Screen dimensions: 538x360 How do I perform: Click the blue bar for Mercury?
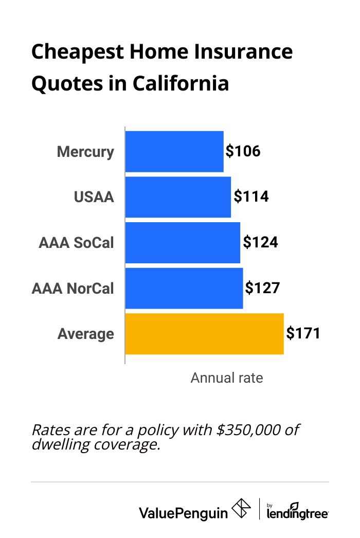click(x=174, y=151)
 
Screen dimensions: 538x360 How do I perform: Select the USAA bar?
click(x=178, y=197)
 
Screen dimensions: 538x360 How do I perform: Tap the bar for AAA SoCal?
click(x=183, y=242)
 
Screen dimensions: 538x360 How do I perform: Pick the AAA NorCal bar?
click(x=184, y=288)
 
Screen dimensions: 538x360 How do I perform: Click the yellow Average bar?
click(x=204, y=333)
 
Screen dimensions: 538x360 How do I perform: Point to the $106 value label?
click(x=243, y=151)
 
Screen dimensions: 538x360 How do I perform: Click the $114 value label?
click(x=251, y=196)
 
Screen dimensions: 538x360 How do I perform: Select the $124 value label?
click(x=260, y=242)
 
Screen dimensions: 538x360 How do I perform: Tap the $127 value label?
click(x=262, y=288)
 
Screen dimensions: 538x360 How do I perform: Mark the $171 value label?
click(x=303, y=333)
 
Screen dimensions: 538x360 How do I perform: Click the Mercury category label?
click(x=85, y=152)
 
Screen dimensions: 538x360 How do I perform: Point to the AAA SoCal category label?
click(x=76, y=243)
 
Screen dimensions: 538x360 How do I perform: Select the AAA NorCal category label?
click(x=73, y=288)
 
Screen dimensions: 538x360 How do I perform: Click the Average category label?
click(x=86, y=334)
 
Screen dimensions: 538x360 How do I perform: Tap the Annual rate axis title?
click(x=226, y=378)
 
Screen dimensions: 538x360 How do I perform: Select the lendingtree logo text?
click(x=298, y=512)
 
